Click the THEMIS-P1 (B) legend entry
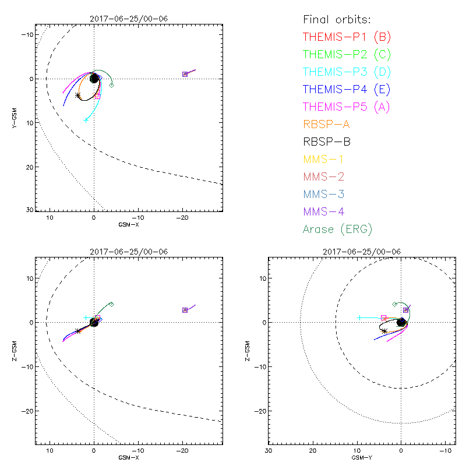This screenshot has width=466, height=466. coord(347,37)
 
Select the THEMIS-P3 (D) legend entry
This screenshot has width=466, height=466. coord(347,72)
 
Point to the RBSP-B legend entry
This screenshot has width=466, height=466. coord(327,142)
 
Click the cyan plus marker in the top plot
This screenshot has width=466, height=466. coord(86,120)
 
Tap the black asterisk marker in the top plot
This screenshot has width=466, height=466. coord(78,95)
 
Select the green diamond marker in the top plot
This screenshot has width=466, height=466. coord(112,85)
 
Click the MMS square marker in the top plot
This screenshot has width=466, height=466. coord(185,74)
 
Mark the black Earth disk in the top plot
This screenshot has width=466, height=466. coord(94,78)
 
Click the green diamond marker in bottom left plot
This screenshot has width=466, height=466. coord(111,304)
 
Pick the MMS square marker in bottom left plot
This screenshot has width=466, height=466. coord(185,310)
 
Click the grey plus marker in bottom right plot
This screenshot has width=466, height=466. coord(360,317)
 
